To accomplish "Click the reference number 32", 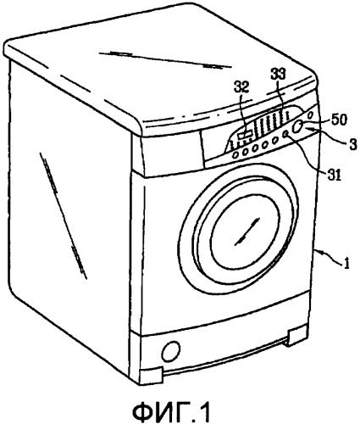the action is click(x=241, y=88).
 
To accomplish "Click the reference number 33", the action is click(x=278, y=75).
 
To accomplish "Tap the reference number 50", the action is click(x=338, y=120).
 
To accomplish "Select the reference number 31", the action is click(x=334, y=175).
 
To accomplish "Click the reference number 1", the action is click(x=347, y=264).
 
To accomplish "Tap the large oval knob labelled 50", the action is click(x=296, y=126).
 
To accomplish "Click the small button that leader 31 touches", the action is click(x=285, y=135).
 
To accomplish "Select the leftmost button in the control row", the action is click(x=235, y=155).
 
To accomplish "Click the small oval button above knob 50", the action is click(x=310, y=115).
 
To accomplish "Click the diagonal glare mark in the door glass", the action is click(x=247, y=232).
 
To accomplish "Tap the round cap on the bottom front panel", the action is click(x=171, y=350).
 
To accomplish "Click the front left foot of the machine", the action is click(x=152, y=376).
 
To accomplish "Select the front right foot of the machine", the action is click(x=297, y=335).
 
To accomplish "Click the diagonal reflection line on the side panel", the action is click(x=64, y=216).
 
